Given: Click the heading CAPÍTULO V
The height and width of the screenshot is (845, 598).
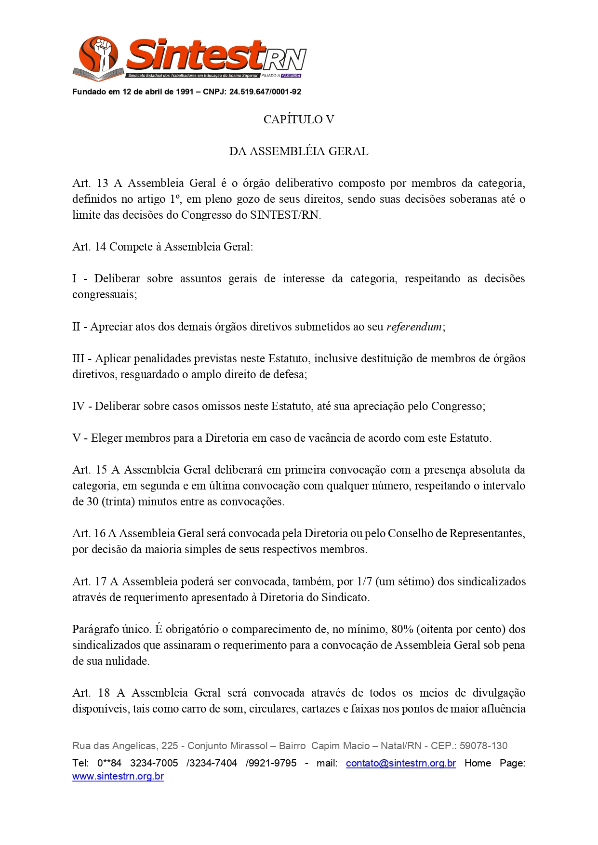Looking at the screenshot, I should pyautogui.click(x=299, y=119).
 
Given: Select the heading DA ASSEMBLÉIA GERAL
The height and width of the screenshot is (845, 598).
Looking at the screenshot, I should pyautogui.click(x=299, y=151).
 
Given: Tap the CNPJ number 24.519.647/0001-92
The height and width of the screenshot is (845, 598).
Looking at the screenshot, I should pyautogui.click(x=265, y=92).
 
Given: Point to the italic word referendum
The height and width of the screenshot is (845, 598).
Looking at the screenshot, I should pyautogui.click(x=414, y=327).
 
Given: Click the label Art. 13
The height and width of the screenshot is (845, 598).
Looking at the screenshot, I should pyautogui.click(x=90, y=184).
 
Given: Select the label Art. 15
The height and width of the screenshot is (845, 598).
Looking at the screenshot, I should pyautogui.click(x=90, y=470).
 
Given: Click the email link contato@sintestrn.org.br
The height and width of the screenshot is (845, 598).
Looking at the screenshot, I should pyautogui.click(x=400, y=764).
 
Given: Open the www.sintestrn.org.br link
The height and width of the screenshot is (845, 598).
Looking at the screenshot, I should pyautogui.click(x=118, y=777).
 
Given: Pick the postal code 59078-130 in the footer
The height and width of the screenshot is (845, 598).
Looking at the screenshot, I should pyautogui.click(x=483, y=746).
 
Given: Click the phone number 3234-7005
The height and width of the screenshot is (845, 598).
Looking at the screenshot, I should pyautogui.click(x=154, y=764).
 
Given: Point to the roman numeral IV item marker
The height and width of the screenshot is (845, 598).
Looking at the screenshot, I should pyautogui.click(x=79, y=407).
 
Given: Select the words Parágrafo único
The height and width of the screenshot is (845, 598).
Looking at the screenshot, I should pyautogui.click(x=112, y=630).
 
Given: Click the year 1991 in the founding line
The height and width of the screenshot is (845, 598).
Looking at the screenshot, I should pyautogui.click(x=185, y=92).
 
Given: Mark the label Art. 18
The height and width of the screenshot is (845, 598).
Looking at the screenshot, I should pyautogui.click(x=91, y=693).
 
